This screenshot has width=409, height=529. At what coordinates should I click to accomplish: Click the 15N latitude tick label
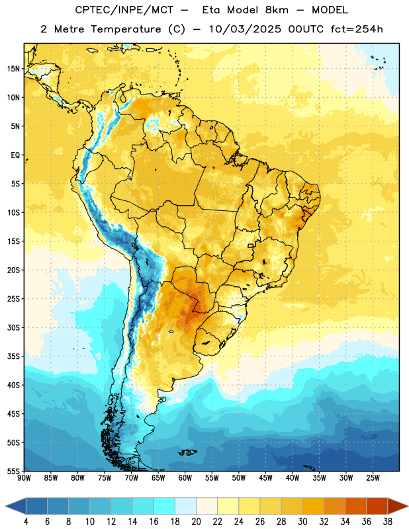coord(13,69)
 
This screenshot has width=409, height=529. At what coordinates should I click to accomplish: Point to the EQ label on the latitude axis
coord(15,155)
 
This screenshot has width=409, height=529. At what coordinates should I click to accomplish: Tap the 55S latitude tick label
coord(13,471)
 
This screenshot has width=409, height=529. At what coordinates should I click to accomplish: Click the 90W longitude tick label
coord(24,477)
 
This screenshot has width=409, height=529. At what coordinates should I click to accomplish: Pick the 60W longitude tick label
coord(185,477)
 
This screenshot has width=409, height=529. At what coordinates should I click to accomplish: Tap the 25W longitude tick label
coord(373,477)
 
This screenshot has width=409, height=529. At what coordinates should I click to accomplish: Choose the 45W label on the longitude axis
coord(265,477)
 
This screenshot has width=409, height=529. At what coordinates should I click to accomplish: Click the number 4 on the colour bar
coord(26,522)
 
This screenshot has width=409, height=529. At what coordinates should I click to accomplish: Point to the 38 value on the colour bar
coord(388,522)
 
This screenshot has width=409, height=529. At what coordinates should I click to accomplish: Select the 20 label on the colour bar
coord(196,522)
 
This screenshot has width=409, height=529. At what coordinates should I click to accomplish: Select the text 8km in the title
coord(277,10)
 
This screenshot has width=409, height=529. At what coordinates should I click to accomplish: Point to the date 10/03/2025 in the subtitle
coord(245,29)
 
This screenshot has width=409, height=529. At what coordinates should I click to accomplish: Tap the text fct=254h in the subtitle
coord(357,29)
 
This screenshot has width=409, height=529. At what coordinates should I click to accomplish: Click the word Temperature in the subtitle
coord(126,29)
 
